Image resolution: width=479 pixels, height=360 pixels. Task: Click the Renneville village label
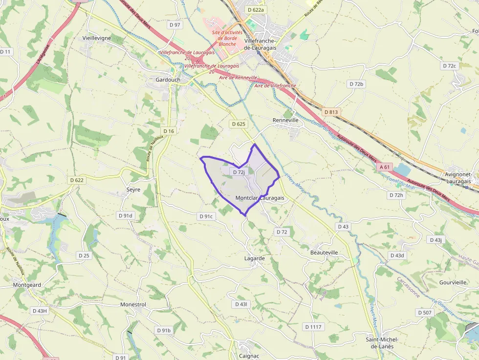(285, 119)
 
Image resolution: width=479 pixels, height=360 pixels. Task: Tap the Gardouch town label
(168, 80)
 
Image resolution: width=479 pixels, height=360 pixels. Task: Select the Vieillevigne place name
(97, 38)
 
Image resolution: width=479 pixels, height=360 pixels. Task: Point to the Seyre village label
(133, 190)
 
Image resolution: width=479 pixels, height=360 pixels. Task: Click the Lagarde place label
(254, 258)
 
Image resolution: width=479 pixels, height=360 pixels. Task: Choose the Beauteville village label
(324, 253)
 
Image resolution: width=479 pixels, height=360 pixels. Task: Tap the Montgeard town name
(27, 284)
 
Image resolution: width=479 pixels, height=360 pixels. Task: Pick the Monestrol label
(133, 304)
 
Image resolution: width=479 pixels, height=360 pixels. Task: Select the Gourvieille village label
(453, 282)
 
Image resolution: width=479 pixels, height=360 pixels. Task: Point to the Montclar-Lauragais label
(260, 198)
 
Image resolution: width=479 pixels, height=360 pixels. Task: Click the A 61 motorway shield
(385, 167)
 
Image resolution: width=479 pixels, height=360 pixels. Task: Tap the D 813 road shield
(331, 112)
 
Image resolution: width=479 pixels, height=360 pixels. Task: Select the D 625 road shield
(238, 124)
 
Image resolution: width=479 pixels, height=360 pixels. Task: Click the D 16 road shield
(169, 131)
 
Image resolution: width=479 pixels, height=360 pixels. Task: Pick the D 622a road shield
(255, 10)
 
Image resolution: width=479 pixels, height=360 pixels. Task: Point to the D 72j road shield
(239, 172)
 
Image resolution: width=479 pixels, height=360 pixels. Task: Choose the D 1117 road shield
(313, 326)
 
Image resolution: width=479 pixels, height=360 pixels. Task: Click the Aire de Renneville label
(238, 78)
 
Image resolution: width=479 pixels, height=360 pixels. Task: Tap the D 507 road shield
(425, 312)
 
